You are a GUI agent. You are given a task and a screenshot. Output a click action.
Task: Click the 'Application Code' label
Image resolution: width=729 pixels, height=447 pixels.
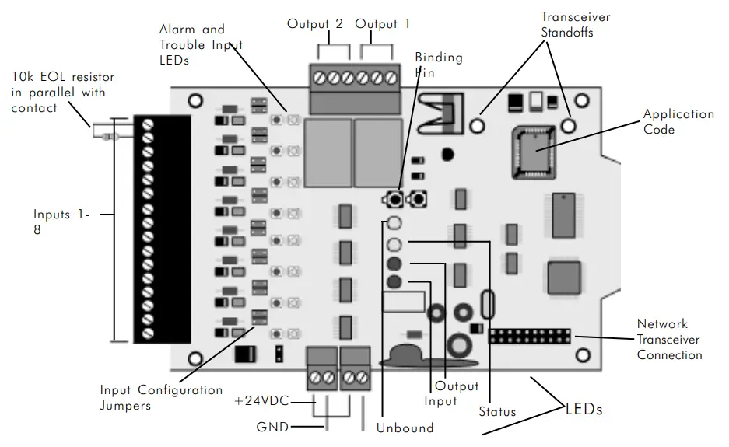click(x=678, y=122)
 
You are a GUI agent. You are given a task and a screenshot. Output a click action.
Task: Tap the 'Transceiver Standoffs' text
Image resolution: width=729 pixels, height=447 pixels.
click(x=575, y=25)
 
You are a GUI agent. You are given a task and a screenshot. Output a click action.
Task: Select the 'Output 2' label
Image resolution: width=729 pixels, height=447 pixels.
click(x=315, y=24)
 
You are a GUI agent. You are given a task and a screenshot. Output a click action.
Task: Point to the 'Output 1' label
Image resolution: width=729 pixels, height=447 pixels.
click(x=383, y=24)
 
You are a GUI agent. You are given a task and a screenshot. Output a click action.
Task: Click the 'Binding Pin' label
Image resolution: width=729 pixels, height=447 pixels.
click(x=438, y=65)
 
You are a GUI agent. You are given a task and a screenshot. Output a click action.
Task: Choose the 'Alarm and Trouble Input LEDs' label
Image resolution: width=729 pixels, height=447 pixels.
click(x=202, y=45)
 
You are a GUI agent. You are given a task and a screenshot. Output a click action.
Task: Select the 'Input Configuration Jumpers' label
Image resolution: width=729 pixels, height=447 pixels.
click(x=161, y=397)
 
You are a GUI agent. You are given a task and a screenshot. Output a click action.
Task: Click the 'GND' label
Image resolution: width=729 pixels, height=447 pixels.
click(x=273, y=427)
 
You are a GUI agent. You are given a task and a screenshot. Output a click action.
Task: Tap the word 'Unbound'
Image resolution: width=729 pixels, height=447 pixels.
click(x=405, y=428)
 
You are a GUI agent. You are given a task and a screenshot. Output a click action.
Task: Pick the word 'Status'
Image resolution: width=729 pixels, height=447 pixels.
click(x=498, y=411)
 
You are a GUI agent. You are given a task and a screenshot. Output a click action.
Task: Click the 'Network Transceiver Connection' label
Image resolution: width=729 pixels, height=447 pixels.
click(x=669, y=340)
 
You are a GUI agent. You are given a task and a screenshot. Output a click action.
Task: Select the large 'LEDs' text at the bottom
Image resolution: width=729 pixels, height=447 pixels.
click(x=584, y=408)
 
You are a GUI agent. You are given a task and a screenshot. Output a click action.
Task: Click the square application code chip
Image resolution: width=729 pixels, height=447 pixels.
click(x=534, y=149)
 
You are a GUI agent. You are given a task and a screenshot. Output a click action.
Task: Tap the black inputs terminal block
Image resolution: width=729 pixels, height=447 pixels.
click(x=162, y=229)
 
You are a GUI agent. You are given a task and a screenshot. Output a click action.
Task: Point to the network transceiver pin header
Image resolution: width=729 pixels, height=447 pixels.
click(x=529, y=337)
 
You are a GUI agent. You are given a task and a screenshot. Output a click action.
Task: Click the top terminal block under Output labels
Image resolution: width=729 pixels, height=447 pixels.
click(x=356, y=79)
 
